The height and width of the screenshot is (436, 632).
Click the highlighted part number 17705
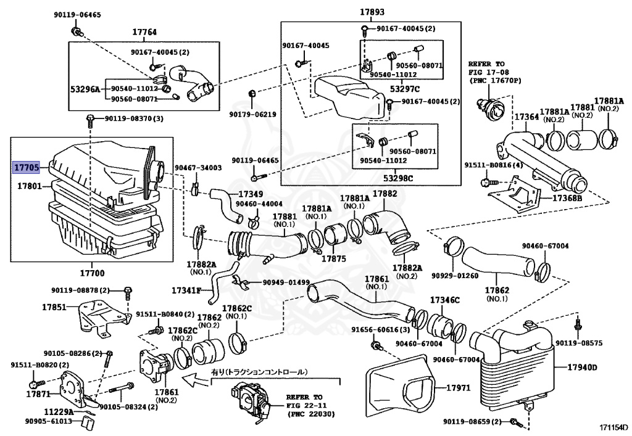28,167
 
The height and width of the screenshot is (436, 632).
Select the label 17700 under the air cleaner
92,273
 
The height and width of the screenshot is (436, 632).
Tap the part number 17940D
582,368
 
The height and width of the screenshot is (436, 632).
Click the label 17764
144,32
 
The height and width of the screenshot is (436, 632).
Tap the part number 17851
54,306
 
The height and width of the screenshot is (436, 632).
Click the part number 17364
526,117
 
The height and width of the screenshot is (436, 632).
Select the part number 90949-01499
286,282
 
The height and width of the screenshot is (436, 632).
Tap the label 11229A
59,411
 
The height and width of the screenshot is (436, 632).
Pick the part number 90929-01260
455,275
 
